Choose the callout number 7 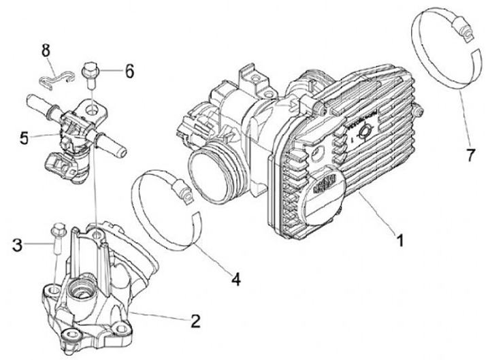click(469, 154)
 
